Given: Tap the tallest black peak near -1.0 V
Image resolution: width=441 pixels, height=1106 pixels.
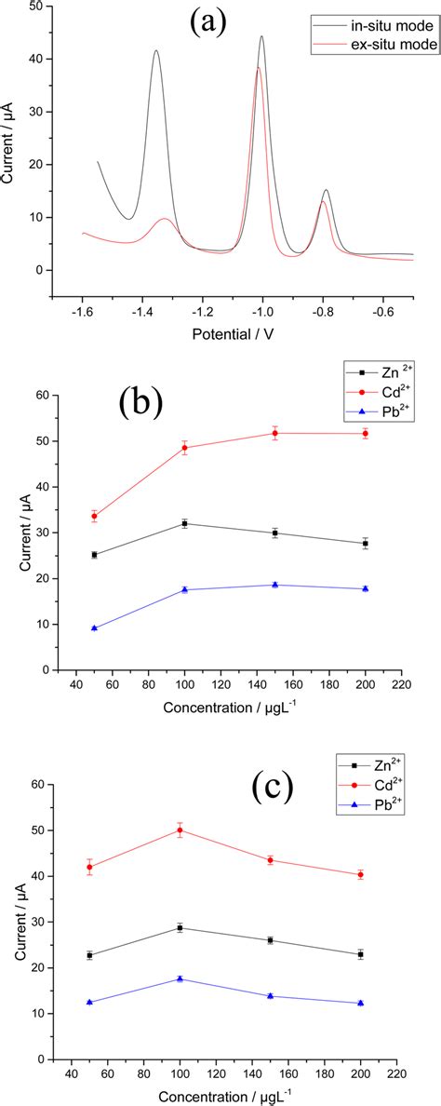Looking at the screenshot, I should click(261, 37).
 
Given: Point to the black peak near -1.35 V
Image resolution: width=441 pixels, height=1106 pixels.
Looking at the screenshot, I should click(156, 51).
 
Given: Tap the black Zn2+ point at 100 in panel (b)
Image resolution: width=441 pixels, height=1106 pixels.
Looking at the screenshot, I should click(184, 523).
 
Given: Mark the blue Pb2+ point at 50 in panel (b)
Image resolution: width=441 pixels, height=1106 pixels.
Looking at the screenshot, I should click(94, 627).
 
